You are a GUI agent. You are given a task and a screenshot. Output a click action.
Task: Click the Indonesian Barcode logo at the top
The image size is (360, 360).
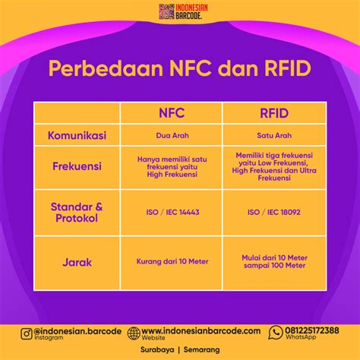[180, 13]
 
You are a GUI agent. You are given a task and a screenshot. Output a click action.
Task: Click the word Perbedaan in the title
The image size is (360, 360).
[101, 69]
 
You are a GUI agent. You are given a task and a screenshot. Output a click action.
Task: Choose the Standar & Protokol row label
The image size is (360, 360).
[77, 213]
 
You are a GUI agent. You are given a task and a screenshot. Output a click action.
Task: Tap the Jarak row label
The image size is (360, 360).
[77, 262]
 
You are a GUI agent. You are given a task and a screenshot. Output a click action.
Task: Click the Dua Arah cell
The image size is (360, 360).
[171, 136]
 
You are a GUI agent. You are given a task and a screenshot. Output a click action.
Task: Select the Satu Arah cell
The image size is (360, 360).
[273, 136]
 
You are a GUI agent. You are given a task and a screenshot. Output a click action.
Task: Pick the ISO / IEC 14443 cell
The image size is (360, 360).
[171, 213]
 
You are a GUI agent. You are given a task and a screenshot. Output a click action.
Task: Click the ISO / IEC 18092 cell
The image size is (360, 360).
[273, 213]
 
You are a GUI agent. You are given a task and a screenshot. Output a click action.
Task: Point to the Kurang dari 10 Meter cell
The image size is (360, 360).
[171, 262]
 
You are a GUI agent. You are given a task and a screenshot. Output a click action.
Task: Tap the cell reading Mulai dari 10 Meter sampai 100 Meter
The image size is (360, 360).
[273, 262]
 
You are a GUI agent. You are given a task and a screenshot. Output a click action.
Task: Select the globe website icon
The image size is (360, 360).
[134, 333]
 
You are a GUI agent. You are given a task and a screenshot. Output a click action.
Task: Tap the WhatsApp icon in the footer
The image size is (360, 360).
[276, 332]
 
